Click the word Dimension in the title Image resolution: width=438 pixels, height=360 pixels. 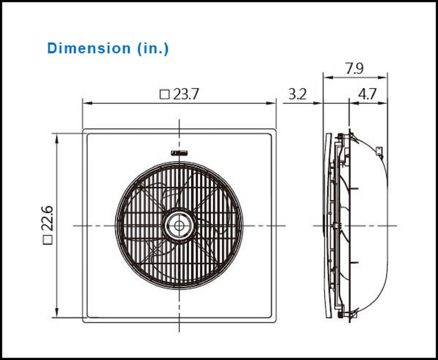pos(89,48)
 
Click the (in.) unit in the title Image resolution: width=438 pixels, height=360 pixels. pos(153,48)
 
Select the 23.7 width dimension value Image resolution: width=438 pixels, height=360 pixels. pos(186,95)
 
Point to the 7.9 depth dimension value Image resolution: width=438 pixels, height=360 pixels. pos(355,69)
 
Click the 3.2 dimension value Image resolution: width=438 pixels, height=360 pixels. pos(297,95)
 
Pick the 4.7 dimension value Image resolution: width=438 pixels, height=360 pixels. pos(367,95)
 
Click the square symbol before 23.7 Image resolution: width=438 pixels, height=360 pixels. pos(165,95)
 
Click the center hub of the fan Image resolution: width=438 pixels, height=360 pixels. pos(179,226)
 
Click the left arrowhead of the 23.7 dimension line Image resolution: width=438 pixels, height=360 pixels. pos(86,103)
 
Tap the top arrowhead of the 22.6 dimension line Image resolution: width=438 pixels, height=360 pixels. pos(57,137)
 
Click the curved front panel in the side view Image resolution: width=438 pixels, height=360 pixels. pos(327,226)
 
